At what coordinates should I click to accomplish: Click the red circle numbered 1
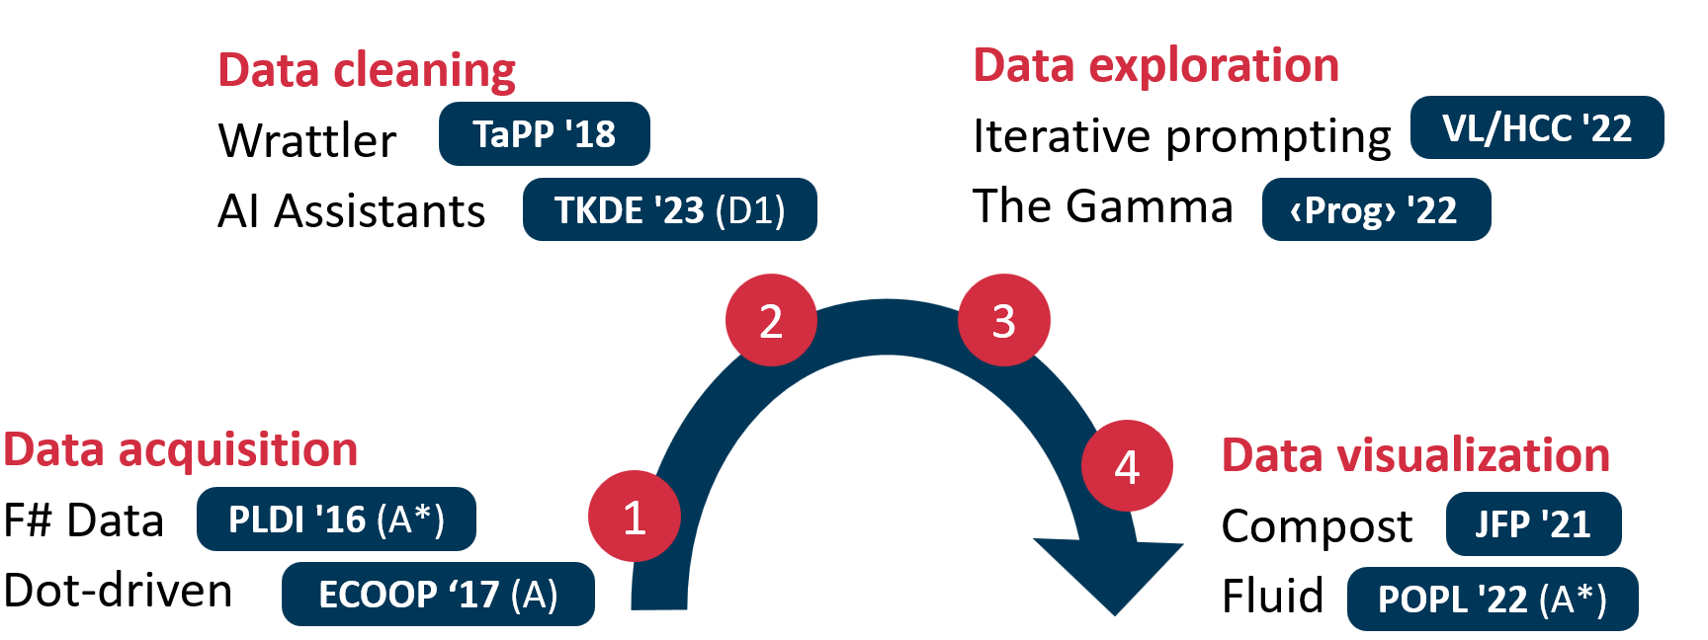(x=634, y=517)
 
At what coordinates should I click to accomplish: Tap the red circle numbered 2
(x=771, y=320)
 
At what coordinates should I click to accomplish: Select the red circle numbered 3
(x=1003, y=320)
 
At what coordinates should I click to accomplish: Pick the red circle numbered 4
(x=1127, y=465)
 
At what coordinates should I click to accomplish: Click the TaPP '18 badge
(x=544, y=133)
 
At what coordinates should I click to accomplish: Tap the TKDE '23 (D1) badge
(x=669, y=209)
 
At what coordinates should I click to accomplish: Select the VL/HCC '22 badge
(x=1536, y=127)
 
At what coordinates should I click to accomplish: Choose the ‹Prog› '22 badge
(x=1375, y=209)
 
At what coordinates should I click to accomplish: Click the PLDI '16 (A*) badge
(x=336, y=519)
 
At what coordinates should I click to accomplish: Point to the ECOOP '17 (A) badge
(x=438, y=594)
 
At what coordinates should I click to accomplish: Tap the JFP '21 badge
(x=1532, y=523)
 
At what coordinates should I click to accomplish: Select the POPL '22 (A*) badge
(x=1492, y=599)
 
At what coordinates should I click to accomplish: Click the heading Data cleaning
(x=367, y=70)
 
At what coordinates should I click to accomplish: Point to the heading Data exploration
(x=1155, y=65)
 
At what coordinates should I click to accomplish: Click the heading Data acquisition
(x=180, y=449)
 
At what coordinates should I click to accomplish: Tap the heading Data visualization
(x=1415, y=455)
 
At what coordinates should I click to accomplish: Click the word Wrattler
(x=307, y=140)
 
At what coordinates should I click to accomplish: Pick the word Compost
(x=1317, y=526)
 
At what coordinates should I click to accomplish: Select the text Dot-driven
(x=119, y=591)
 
